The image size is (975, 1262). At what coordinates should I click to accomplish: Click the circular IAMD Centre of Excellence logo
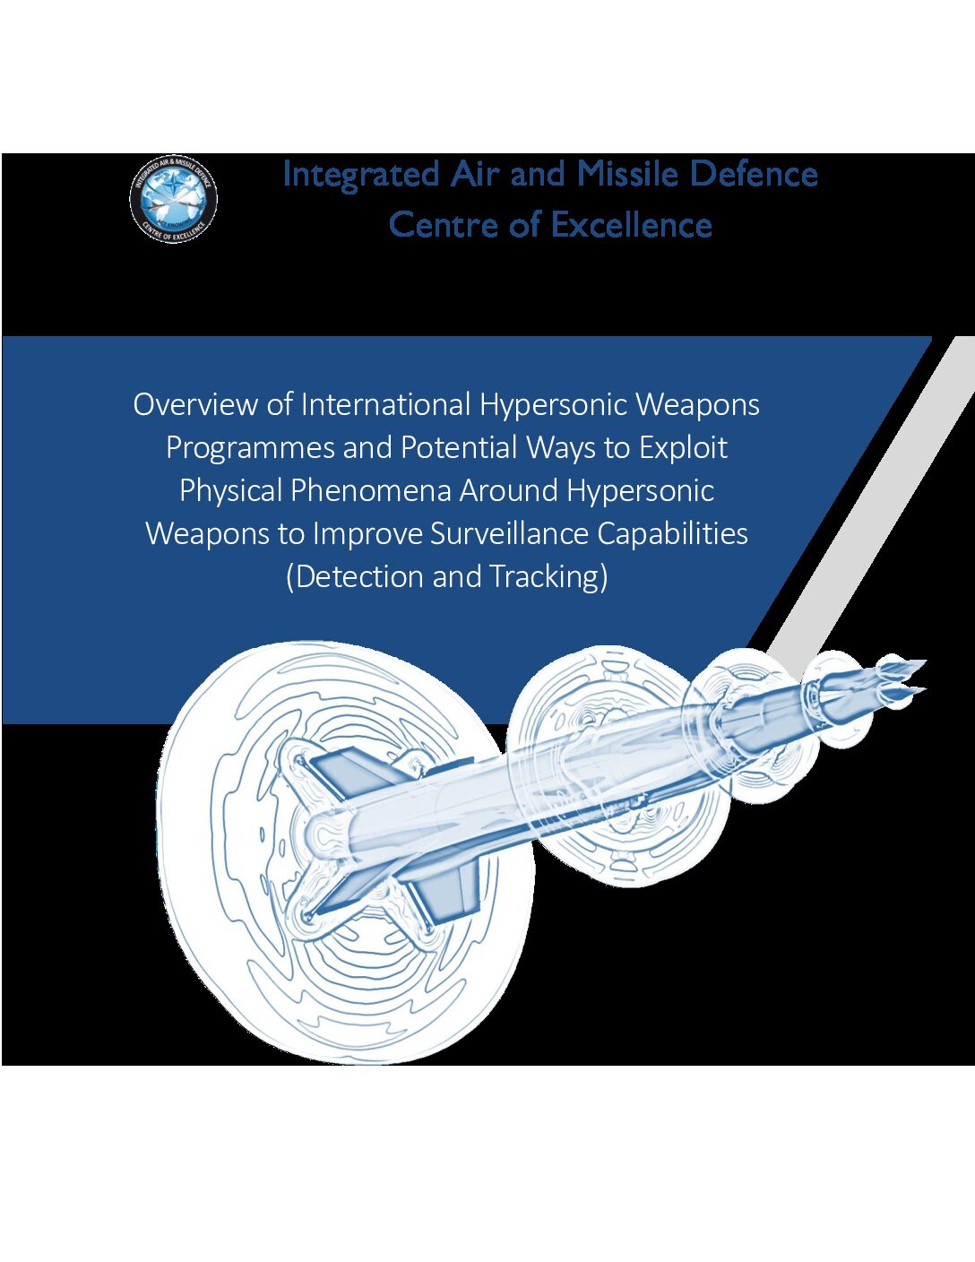click(x=173, y=199)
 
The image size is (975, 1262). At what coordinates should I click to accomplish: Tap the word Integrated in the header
click(x=360, y=175)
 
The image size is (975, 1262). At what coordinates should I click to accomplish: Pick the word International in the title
click(x=385, y=404)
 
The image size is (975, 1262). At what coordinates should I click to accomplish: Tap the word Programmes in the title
click(x=250, y=448)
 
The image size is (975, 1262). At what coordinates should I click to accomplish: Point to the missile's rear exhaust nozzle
click(x=325, y=836)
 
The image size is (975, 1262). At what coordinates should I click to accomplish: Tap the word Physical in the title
click(x=230, y=492)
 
